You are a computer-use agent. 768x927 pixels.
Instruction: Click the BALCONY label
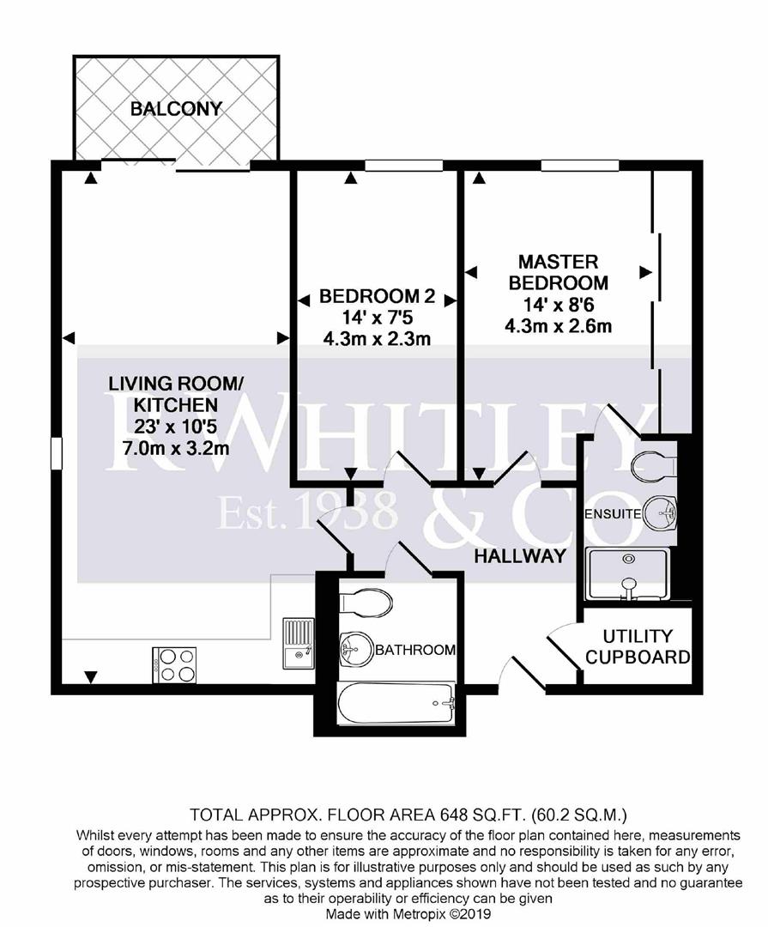[176, 109]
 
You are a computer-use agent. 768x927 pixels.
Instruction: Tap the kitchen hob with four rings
[174, 663]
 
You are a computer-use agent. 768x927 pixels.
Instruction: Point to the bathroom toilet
[366, 603]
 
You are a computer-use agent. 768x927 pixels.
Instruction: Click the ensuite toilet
[654, 467]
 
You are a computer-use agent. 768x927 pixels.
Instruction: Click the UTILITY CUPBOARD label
[637, 647]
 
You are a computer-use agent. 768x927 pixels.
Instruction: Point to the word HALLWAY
[521, 556]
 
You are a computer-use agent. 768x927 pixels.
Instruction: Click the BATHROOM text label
[415, 651]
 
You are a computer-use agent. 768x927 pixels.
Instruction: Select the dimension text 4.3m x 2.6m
[559, 325]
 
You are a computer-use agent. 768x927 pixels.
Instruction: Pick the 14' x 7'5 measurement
[377, 318]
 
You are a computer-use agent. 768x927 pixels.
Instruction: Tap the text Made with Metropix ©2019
[407, 914]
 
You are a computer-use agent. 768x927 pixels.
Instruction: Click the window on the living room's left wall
[57, 453]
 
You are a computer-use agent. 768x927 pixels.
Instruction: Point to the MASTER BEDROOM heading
[559, 272]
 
